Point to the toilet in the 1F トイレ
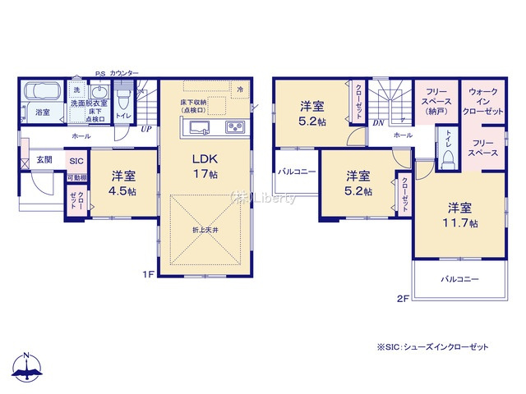[x=123, y=100]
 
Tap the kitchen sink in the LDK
[x=197, y=127]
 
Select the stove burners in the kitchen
[x=233, y=127]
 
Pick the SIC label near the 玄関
[x=76, y=162]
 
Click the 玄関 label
[x=44, y=160]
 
